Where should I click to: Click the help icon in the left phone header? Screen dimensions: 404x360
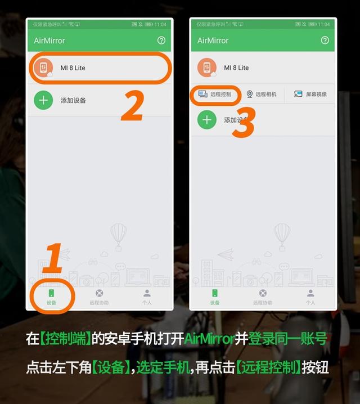tap(161, 41)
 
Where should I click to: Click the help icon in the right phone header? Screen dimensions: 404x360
tap(325, 41)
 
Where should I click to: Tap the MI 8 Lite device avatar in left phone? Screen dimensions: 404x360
tap(43, 68)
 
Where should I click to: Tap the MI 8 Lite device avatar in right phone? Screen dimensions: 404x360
tap(207, 68)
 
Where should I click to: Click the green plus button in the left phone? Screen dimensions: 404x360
tap(43, 101)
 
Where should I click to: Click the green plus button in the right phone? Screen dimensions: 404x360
tap(207, 120)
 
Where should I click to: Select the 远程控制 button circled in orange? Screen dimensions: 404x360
tap(215, 95)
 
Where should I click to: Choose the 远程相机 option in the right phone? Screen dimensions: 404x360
tap(261, 95)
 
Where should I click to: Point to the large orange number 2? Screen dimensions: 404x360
tap(133, 105)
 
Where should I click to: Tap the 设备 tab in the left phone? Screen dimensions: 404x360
tap(51, 297)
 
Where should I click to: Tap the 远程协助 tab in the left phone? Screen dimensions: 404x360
tap(99, 297)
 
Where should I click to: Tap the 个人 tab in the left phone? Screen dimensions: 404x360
tap(147, 297)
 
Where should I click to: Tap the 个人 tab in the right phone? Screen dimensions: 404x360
tap(310, 297)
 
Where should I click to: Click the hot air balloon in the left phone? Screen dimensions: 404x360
tap(119, 235)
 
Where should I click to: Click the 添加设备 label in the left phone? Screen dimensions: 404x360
tap(73, 101)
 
